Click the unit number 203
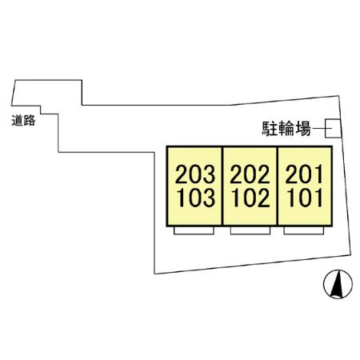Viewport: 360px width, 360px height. (x=195, y=174)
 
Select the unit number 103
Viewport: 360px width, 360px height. (x=196, y=198)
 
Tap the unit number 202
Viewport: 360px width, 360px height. (x=250, y=174)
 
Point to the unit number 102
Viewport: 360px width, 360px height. (x=250, y=198)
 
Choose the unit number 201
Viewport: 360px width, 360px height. (x=304, y=174)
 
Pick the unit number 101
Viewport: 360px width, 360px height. (x=305, y=198)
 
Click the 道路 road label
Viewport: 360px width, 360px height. (x=23, y=121)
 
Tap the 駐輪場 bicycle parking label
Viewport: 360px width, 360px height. (x=286, y=129)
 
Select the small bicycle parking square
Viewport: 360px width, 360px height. (x=333, y=129)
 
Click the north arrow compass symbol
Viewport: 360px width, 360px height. (x=338, y=284)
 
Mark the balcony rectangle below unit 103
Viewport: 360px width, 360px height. (x=194, y=230)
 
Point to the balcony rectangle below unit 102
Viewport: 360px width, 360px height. (x=250, y=230)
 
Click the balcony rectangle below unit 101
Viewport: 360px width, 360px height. (x=304, y=230)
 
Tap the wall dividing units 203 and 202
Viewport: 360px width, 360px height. (x=222, y=186)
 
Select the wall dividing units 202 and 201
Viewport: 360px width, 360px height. (x=278, y=186)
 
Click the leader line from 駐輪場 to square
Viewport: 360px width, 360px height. (x=322, y=129)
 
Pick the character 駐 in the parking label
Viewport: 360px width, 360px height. (x=270, y=129)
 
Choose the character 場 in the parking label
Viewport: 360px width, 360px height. (x=303, y=129)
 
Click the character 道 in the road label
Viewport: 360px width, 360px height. (x=18, y=121)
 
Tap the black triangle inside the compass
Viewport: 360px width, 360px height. (x=337, y=284)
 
